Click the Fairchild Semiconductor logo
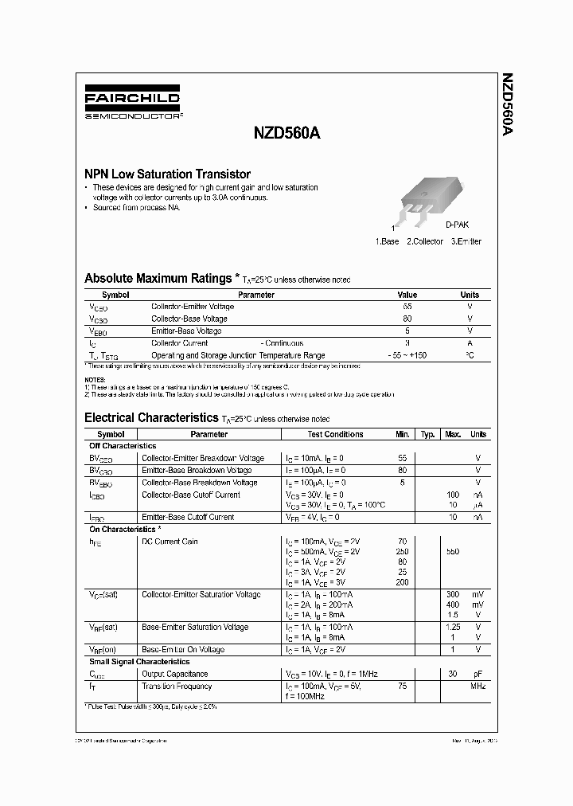tap(133, 104)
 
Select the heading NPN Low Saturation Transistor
tap(167, 174)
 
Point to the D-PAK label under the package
tap(457, 225)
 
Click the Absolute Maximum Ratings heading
tap(158, 279)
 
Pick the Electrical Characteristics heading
tap(150, 417)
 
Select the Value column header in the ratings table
tap(407, 295)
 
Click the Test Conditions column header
tap(335, 434)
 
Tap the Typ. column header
tap(427, 434)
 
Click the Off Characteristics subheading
tap(123, 446)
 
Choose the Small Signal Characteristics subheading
tap(139, 661)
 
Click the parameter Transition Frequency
tap(177, 686)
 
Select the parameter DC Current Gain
tap(170, 542)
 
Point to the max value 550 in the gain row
tap(453, 551)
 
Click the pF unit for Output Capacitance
tap(477, 674)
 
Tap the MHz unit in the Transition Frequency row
tap(477, 686)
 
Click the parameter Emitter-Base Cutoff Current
tap(188, 517)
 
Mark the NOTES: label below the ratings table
tap(95, 380)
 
